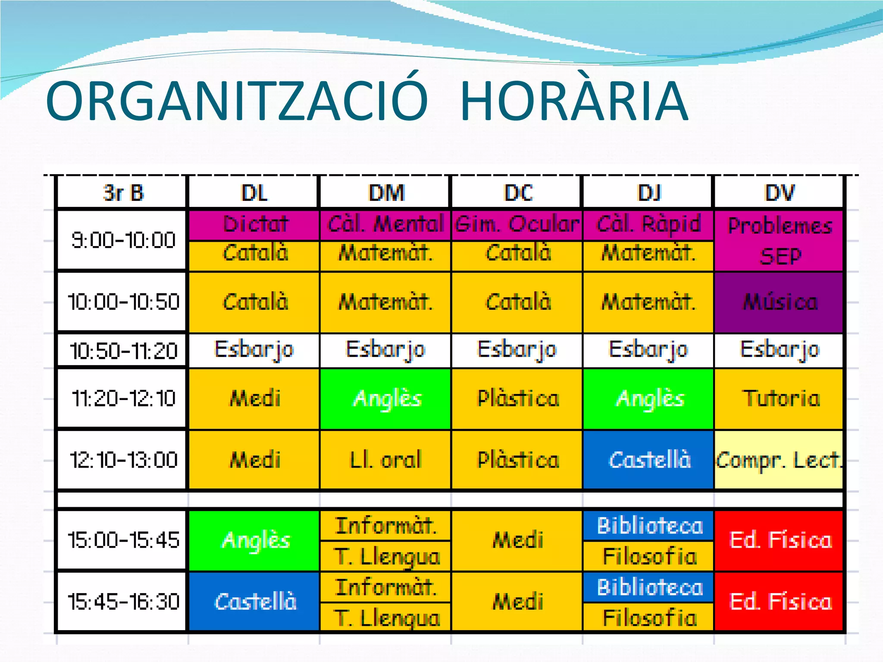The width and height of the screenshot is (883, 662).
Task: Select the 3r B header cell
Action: [122, 193]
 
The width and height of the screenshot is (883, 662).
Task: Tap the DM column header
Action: [386, 193]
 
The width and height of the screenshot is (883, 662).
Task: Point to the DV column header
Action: [779, 193]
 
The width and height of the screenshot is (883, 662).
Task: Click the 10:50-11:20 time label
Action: [122, 350]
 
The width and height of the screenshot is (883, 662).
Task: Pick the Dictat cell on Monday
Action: [255, 224]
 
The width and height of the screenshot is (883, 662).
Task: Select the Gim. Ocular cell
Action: [517, 224]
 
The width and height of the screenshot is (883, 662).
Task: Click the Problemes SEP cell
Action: [779, 240]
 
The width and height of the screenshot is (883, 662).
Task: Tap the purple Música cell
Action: [779, 302]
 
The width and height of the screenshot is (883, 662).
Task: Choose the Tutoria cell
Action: [779, 398]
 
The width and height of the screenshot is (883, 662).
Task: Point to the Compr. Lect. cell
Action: [778, 460]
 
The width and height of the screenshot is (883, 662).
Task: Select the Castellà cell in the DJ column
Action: [648, 460]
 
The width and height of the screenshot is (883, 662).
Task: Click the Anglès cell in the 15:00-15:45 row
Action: [255, 540]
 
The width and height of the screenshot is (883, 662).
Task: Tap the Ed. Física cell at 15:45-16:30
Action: [779, 602]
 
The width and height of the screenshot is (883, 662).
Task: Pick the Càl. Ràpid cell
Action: [648, 224]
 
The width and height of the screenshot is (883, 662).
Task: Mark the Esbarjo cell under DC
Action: [517, 350]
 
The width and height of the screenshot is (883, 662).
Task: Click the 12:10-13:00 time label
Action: [122, 460]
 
